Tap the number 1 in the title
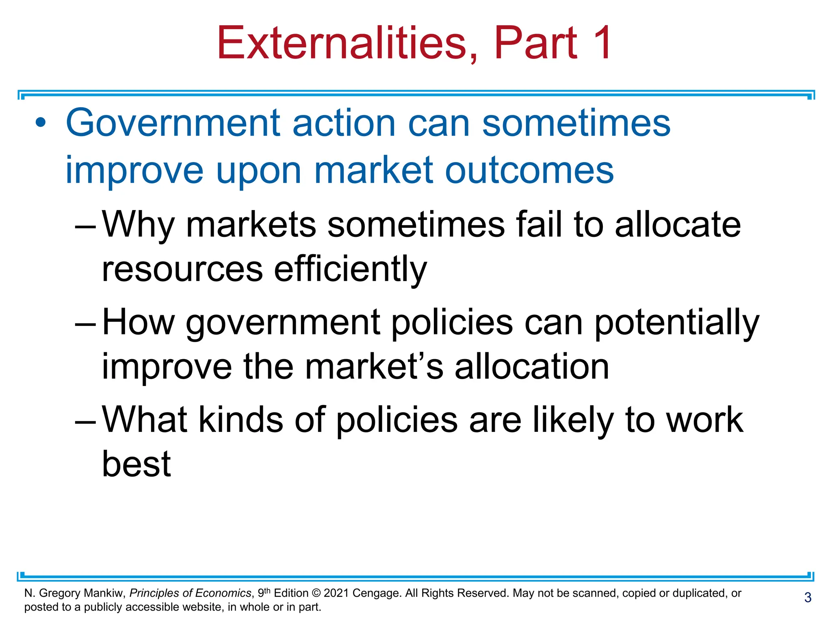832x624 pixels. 602,43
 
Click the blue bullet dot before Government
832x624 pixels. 41,122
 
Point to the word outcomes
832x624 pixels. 529,171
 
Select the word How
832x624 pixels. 138,322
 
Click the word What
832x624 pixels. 145,419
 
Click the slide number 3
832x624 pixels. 808,597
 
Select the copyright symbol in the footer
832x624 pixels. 316,593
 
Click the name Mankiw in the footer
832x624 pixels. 104,593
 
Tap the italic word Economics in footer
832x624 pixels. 223,593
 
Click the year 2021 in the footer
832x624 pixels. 336,593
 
